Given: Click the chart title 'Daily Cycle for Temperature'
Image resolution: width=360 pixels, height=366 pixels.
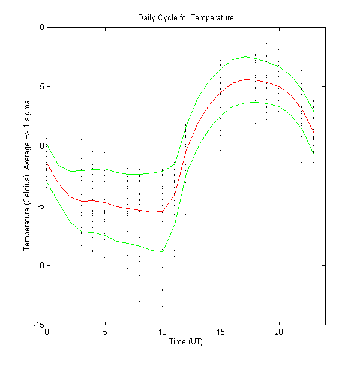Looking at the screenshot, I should click(186, 18).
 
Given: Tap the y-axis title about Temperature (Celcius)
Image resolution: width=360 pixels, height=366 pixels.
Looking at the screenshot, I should click(28, 176).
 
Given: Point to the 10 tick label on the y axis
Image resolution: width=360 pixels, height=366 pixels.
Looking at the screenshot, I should click(40, 27).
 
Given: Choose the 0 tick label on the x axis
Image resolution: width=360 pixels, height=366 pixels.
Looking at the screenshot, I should click(47, 332).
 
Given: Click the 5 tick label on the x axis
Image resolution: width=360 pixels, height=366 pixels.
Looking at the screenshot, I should click(105, 332).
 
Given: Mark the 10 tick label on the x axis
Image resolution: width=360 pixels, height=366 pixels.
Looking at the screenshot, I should click(163, 332).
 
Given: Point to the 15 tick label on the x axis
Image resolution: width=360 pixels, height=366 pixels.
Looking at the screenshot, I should click(221, 332).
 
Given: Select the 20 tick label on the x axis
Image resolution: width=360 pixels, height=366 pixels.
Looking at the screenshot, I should click(278, 332).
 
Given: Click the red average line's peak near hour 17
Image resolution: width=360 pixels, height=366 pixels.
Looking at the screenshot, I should click(244, 79).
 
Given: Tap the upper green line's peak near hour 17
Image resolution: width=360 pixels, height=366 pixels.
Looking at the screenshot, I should click(244, 57).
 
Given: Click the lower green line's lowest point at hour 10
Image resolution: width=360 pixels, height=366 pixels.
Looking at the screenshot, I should click(163, 251).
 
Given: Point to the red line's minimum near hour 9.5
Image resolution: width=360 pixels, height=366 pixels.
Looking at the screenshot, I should click(157, 212).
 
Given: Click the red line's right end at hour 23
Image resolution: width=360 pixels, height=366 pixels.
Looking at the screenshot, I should click(313, 133).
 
